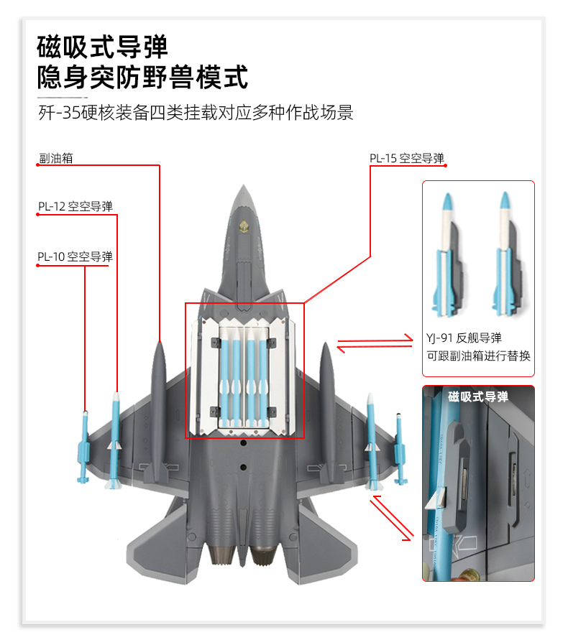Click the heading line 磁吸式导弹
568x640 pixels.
pyautogui.click(x=103, y=47)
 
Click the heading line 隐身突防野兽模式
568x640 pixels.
pyautogui.click(x=142, y=77)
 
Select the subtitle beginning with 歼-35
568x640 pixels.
pyautogui.click(x=196, y=113)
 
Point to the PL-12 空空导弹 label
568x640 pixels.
pyautogui.click(x=75, y=207)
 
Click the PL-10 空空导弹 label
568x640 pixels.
pyautogui.click(x=75, y=256)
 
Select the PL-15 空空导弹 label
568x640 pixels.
pyautogui.click(x=407, y=158)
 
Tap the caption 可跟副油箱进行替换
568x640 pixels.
pyautogui.click(x=477, y=355)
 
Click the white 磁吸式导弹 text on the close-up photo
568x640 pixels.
pyautogui.click(x=477, y=396)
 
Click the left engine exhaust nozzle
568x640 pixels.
pyautogui.click(x=219, y=553)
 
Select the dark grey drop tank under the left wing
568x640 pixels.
pyautogui.click(x=158, y=409)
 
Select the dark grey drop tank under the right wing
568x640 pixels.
pyautogui.click(x=326, y=409)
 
